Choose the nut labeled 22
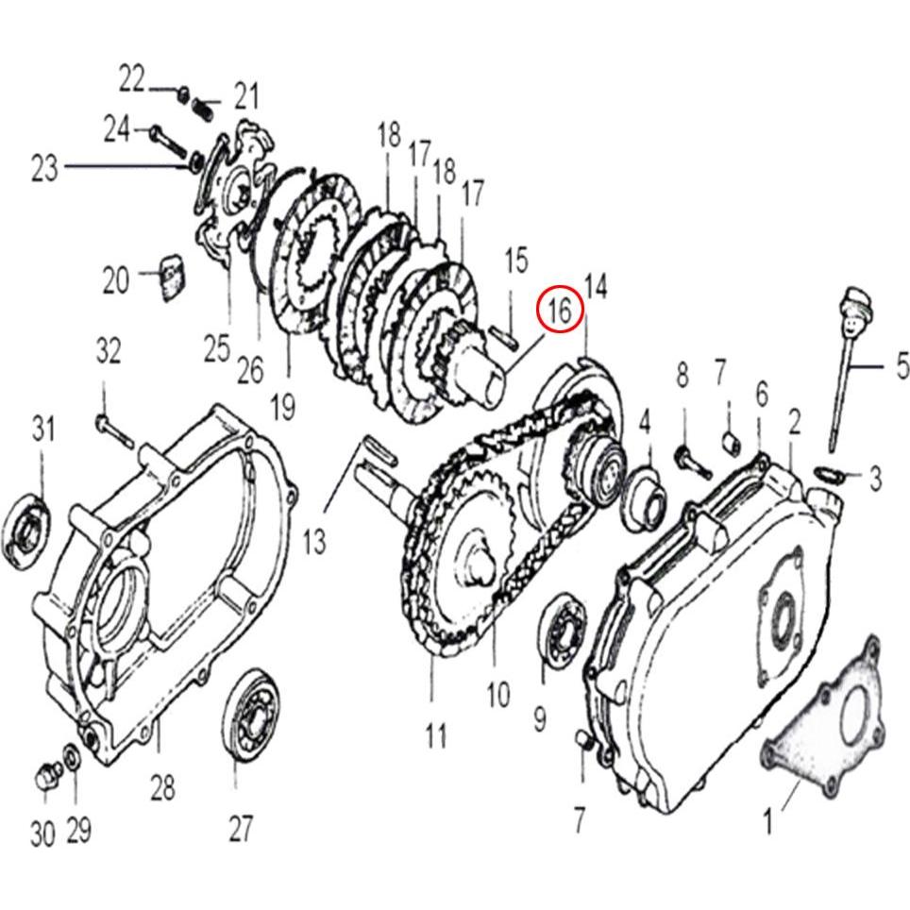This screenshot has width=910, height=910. [184, 93]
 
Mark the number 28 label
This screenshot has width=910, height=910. [162, 787]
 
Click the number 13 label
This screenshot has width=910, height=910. [314, 541]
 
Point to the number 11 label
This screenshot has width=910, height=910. [435, 735]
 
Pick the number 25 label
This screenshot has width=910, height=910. [217, 348]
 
